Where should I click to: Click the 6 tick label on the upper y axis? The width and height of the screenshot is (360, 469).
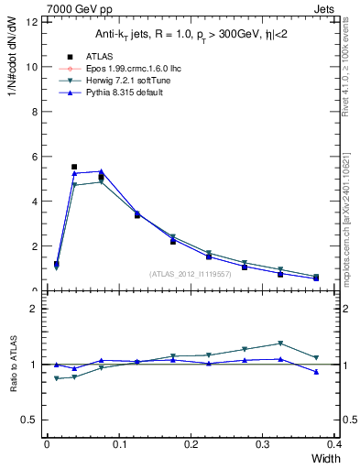coord(33,157)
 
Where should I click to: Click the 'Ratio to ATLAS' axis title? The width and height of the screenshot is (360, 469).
coord(13,365)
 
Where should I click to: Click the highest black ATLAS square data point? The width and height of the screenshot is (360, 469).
coord(74,167)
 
